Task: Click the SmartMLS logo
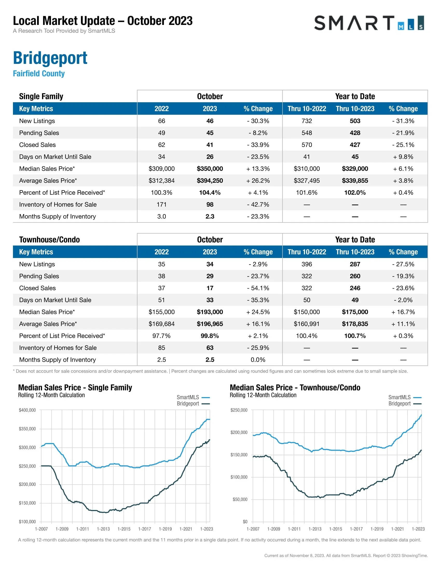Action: [369, 23]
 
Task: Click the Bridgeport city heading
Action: [50, 58]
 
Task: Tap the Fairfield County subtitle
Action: [39, 73]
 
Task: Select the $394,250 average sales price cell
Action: [210, 181]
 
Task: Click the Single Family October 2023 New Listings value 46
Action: [210, 121]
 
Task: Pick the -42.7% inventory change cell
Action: [258, 205]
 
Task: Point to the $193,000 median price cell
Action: [210, 312]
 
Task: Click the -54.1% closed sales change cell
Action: [258, 288]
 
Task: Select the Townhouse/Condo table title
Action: [49, 240]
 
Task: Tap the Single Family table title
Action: [41, 96]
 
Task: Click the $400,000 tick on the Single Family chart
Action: [27, 410]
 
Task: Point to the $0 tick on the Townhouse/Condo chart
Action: [245, 522]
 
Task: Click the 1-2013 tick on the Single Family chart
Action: [103, 529]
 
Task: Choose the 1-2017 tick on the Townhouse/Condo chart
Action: [356, 529]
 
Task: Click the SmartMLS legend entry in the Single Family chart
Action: [193, 397]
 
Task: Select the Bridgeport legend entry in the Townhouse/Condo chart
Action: [404, 403]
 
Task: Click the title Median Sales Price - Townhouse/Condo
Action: [295, 388]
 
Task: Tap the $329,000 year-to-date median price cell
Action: [355, 169]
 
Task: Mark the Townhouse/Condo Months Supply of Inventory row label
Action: [58, 360]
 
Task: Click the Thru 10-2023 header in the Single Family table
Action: [355, 109]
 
